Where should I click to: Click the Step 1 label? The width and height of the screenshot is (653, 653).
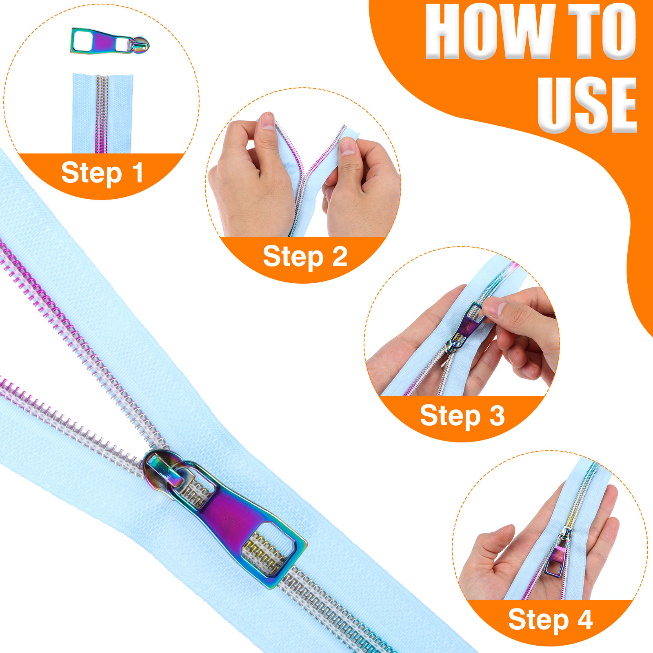(x=102, y=173)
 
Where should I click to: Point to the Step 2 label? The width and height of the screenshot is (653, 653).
(x=305, y=257)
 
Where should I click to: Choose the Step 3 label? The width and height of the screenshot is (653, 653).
(x=462, y=415)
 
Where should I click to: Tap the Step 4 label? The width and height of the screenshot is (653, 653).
(x=550, y=620)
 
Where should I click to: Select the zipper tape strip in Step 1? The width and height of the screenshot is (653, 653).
(x=103, y=113)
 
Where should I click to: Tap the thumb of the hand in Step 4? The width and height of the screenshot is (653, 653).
(x=496, y=539)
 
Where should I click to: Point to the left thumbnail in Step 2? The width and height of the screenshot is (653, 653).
(x=268, y=120)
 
